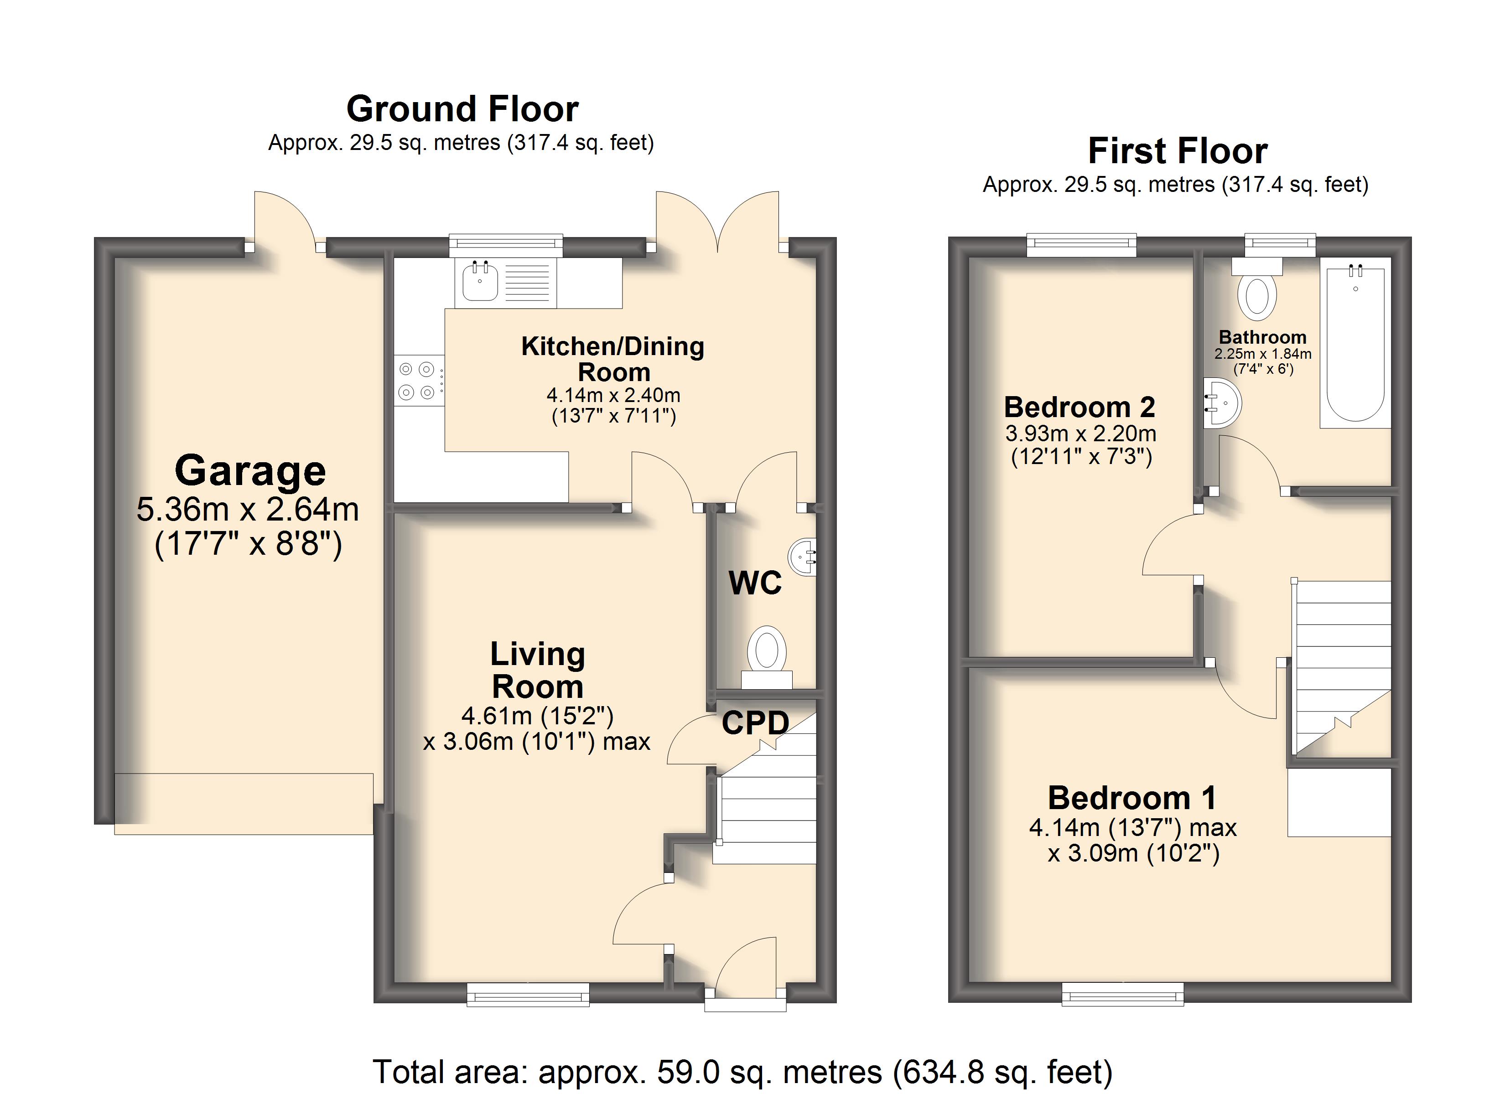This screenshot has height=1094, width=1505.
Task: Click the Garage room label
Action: (x=250, y=470)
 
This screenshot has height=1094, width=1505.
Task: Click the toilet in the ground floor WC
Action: (x=767, y=657)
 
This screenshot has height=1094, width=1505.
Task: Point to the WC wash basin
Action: (x=803, y=556)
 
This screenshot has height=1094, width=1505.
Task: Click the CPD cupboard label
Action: (x=755, y=723)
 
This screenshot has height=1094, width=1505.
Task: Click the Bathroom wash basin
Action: (x=1222, y=402)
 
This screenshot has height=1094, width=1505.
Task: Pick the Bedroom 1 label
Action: (x=1132, y=797)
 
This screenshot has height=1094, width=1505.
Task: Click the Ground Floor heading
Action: (x=462, y=109)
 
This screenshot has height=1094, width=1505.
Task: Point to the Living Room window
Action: (x=528, y=994)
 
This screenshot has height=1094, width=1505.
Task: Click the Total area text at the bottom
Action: (x=742, y=1072)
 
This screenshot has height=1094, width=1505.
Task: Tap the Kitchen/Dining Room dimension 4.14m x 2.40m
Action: (x=613, y=395)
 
